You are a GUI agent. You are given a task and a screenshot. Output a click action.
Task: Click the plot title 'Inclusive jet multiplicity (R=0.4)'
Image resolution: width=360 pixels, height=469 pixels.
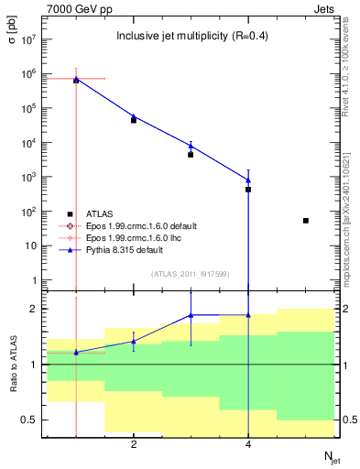coord(191,37)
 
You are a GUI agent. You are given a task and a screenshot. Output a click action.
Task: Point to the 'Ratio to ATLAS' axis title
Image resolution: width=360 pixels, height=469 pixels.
coord(14,365)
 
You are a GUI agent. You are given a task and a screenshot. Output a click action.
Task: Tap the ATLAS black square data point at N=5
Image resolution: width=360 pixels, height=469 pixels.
coord(306,221)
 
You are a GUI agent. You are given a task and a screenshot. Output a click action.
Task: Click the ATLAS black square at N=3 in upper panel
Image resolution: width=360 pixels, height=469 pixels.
coord(191,155)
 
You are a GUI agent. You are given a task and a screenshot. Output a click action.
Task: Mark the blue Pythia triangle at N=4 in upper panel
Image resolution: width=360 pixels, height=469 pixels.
coord(248,180)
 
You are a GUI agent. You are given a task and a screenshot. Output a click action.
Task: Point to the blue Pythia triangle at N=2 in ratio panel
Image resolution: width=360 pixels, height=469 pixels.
coord(134,342)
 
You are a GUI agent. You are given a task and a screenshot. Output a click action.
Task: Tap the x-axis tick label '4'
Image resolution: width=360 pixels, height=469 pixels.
coord(248,445)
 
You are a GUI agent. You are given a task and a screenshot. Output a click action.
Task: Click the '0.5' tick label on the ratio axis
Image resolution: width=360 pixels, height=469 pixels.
coord(29,420)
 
